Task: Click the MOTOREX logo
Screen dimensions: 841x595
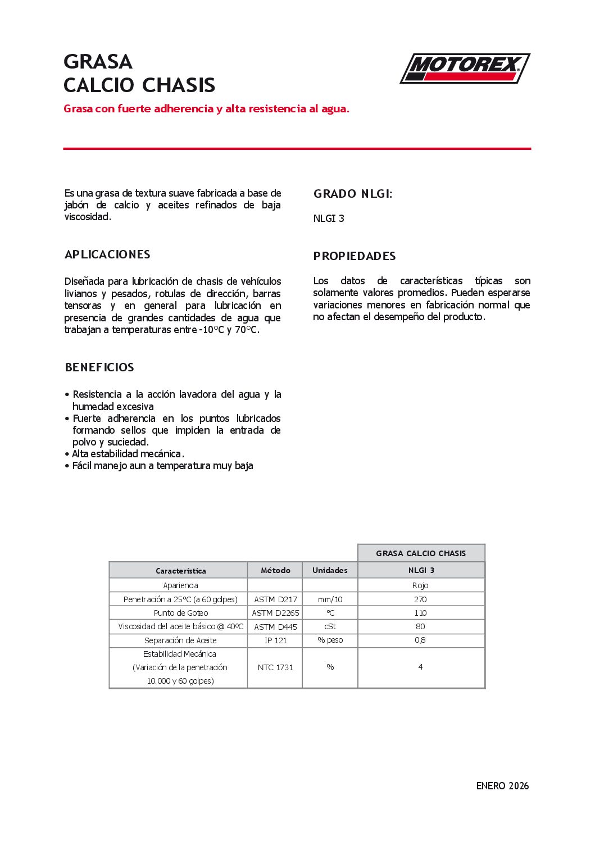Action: [x=465, y=69]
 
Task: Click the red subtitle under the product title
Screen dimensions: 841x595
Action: [x=206, y=109]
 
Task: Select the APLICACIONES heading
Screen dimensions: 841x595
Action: [x=107, y=254]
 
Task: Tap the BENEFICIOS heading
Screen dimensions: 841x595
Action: [x=99, y=367]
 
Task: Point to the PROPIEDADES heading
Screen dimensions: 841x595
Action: [x=355, y=256]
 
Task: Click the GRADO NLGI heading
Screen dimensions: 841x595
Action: [x=353, y=194]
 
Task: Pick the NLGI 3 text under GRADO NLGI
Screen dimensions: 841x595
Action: [x=329, y=219]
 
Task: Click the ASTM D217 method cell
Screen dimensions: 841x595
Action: [x=275, y=599]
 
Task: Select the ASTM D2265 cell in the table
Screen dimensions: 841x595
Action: [x=275, y=613]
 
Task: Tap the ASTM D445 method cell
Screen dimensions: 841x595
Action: [x=275, y=627]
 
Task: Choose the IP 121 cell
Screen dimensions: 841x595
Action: [x=275, y=640]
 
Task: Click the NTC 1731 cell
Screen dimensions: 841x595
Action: [x=275, y=667]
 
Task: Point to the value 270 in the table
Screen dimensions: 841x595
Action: [x=420, y=599]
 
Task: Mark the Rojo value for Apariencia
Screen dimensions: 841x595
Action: [x=420, y=585]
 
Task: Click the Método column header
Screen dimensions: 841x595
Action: [x=275, y=570]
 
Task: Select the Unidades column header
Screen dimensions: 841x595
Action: [x=330, y=570]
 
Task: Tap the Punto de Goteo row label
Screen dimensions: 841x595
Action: [x=180, y=613]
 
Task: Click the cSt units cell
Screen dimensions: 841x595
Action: [x=330, y=626]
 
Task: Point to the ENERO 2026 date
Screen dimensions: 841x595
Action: [x=502, y=786]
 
